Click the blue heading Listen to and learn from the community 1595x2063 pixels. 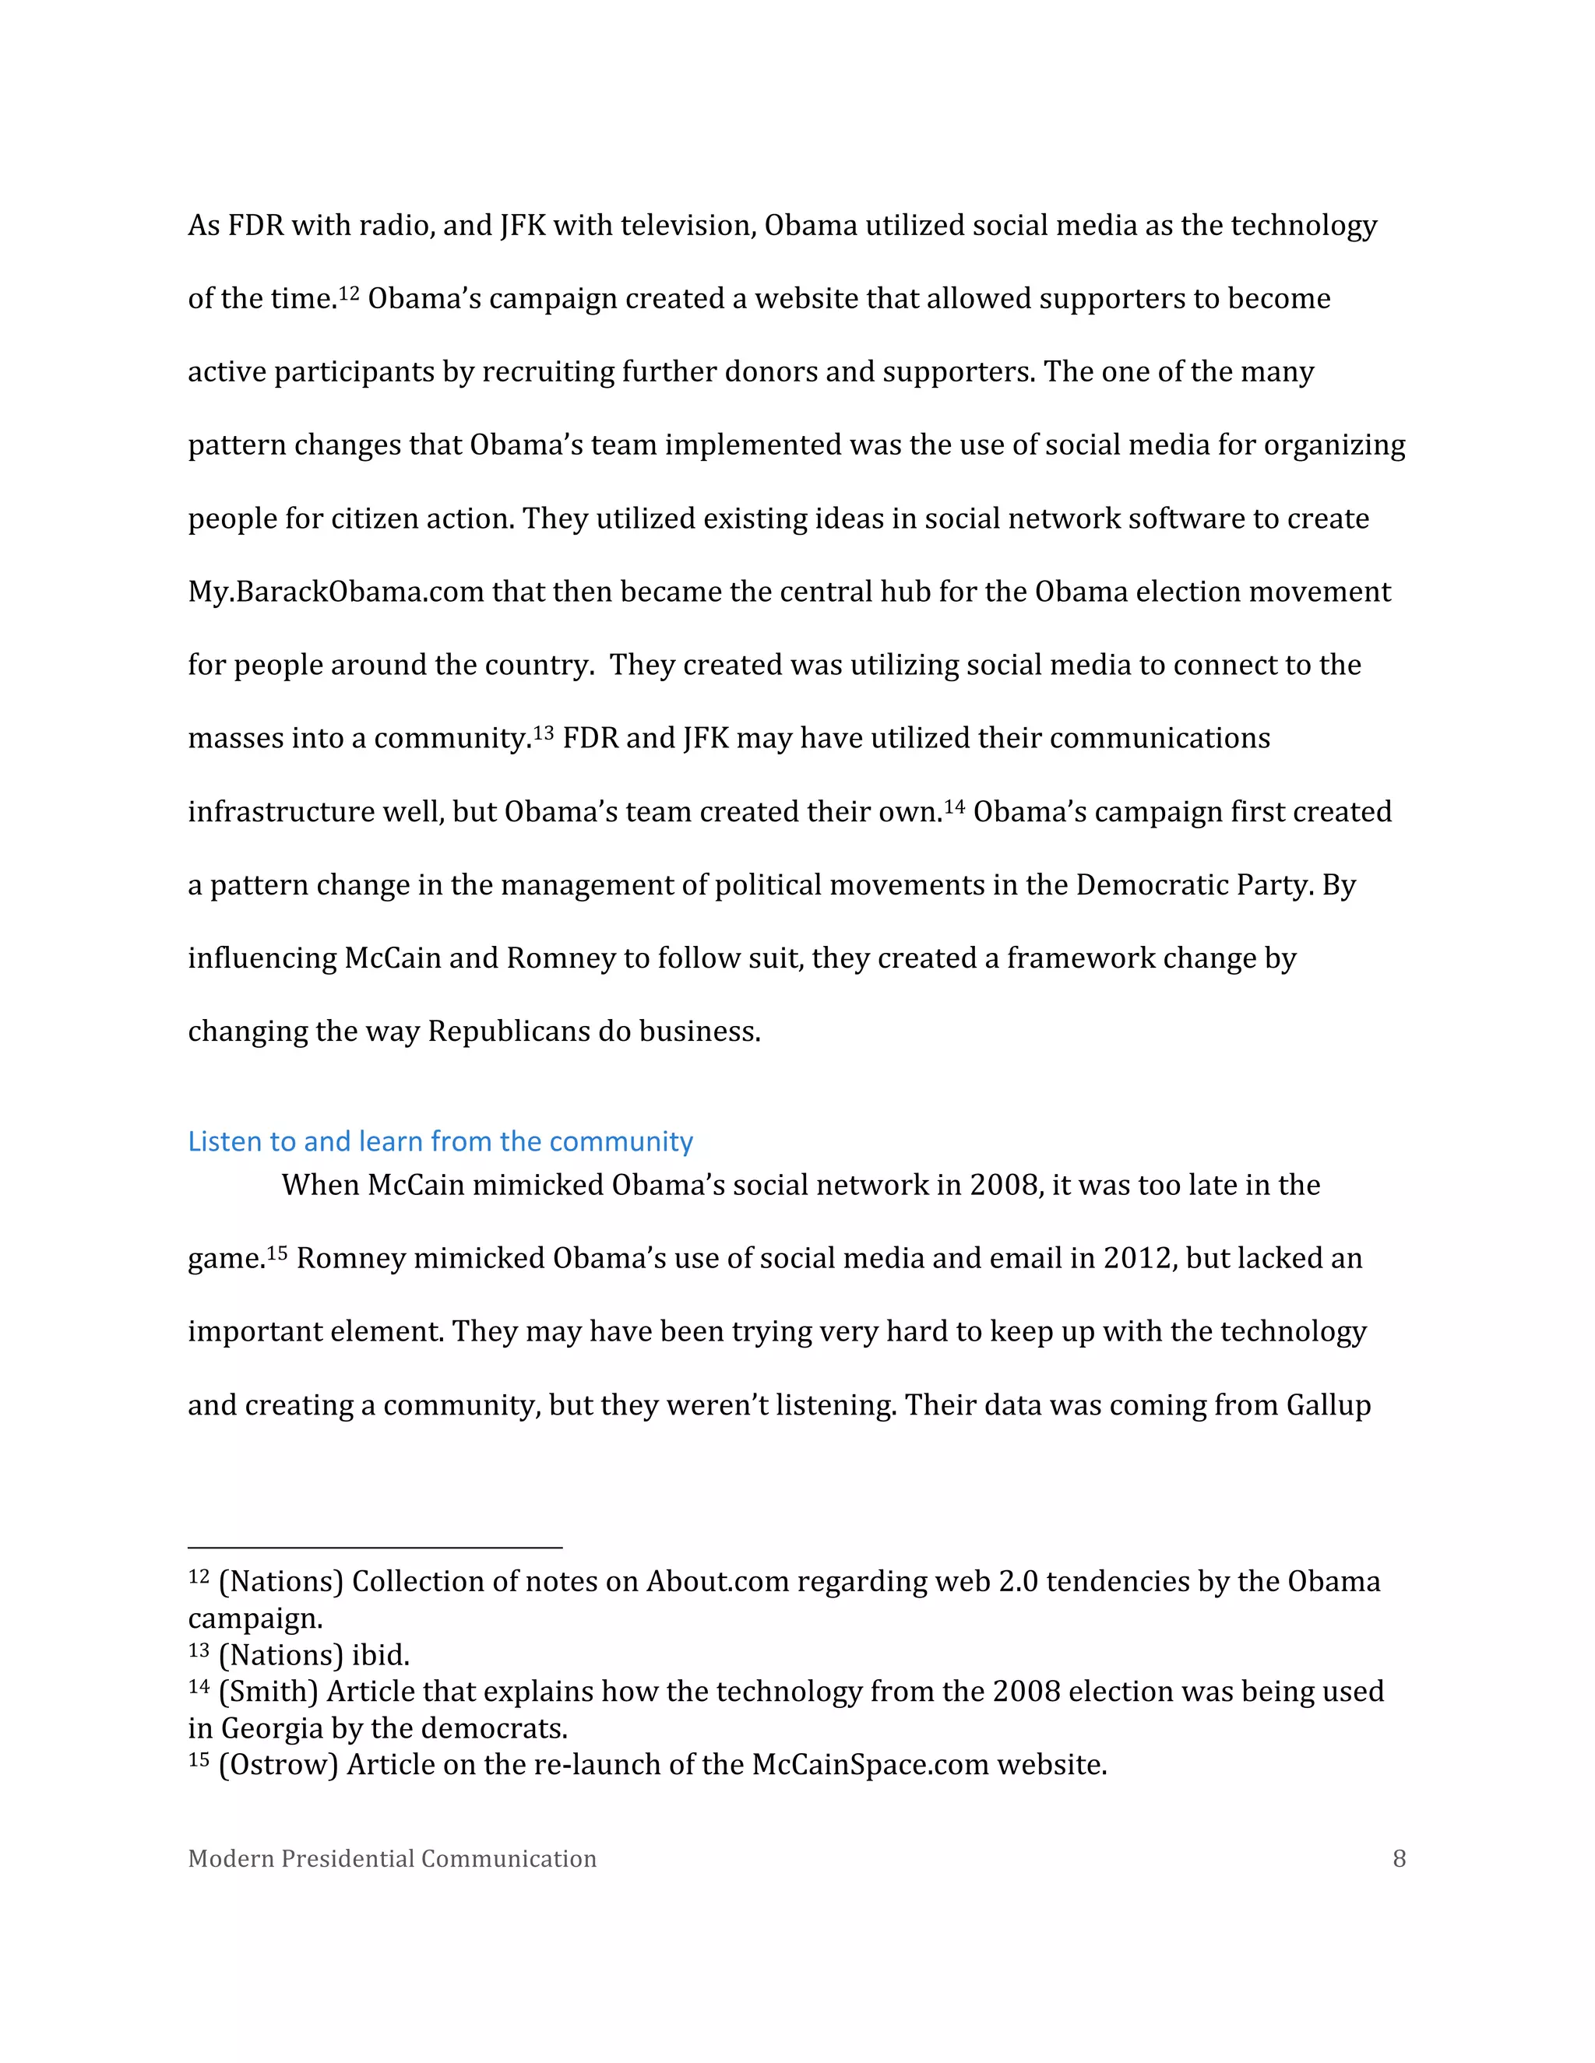(440, 1141)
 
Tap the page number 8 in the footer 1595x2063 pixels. (1400, 1859)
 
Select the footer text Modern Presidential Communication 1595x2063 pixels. (393, 1859)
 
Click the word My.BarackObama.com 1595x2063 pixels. (336, 592)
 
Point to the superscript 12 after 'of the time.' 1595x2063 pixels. (350, 292)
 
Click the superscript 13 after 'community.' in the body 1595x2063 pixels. (544, 732)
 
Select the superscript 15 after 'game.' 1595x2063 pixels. (276, 1253)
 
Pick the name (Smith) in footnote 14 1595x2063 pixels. (269, 1691)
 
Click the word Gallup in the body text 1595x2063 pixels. (1329, 1405)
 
